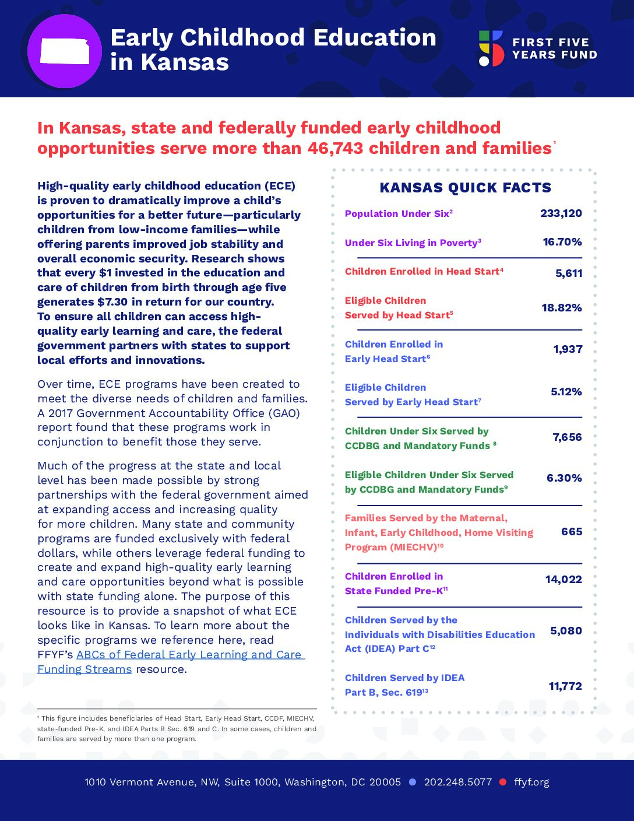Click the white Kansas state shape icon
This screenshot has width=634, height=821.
pyautogui.click(x=65, y=51)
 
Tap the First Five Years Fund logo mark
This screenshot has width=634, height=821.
pyautogui.click(x=491, y=48)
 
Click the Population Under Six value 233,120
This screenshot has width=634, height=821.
pyautogui.click(x=561, y=213)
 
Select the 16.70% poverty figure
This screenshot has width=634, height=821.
pyautogui.click(x=562, y=242)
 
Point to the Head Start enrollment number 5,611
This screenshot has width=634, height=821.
pyautogui.click(x=568, y=273)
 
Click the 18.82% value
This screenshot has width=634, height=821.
pyautogui.click(x=561, y=308)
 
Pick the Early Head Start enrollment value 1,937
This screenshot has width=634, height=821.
pyautogui.click(x=568, y=349)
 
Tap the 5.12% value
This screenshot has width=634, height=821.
pyautogui.click(x=566, y=392)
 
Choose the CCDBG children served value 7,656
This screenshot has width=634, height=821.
pyautogui.click(x=567, y=437)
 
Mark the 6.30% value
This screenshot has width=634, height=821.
pyautogui.click(x=563, y=478)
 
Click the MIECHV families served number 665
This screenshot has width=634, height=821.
pyautogui.click(x=571, y=532)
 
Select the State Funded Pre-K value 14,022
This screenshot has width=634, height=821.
pyautogui.click(x=563, y=580)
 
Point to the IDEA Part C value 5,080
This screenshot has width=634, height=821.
pyautogui.click(x=566, y=631)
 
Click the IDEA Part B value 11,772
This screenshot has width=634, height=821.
pyautogui.click(x=565, y=686)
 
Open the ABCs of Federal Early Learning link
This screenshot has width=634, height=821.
pyautogui.click(x=190, y=655)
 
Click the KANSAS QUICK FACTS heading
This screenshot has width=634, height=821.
pyautogui.click(x=465, y=188)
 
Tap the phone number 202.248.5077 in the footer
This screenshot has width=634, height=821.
pyautogui.click(x=457, y=782)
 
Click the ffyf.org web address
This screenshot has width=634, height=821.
pyautogui.click(x=531, y=782)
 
